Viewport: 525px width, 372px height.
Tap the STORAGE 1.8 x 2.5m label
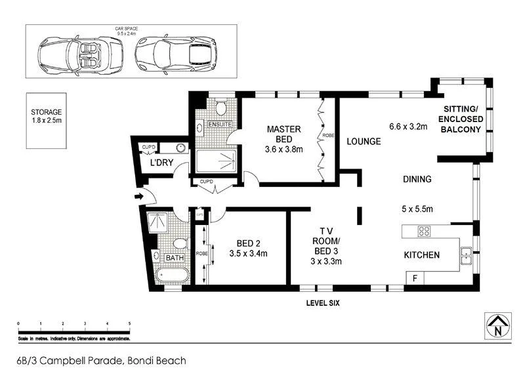tap(46, 117)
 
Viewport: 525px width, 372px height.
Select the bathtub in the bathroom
tap(173, 274)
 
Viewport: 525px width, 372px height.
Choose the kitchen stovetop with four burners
tap(424, 231)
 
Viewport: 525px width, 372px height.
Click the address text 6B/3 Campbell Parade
tap(102, 360)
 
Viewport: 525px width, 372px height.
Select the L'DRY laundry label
tap(161, 162)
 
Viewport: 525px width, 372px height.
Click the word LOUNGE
tap(364, 141)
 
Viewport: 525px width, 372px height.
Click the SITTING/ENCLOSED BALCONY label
tap(463, 119)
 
